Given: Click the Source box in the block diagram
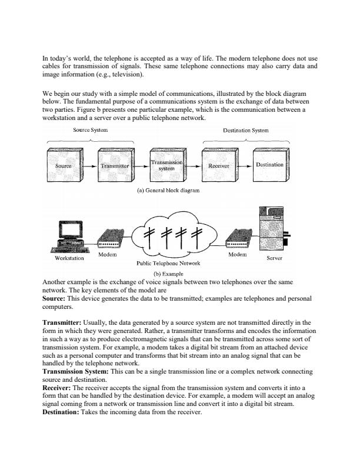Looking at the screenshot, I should point(65,167).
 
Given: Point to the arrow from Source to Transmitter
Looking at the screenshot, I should point(88,167).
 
